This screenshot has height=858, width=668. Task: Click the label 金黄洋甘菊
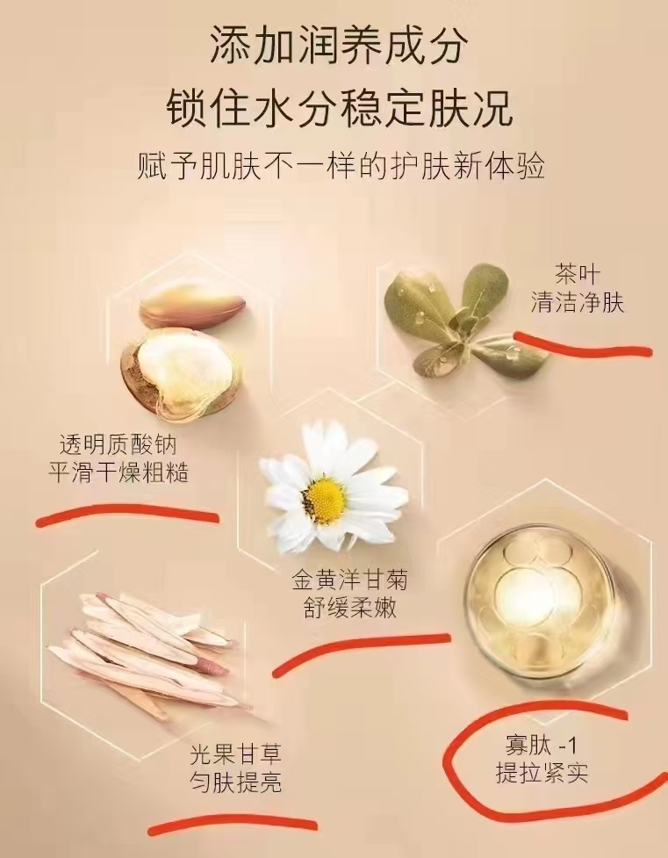(350, 580)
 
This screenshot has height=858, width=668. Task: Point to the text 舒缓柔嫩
(350, 608)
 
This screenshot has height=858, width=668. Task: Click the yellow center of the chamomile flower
(325, 499)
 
